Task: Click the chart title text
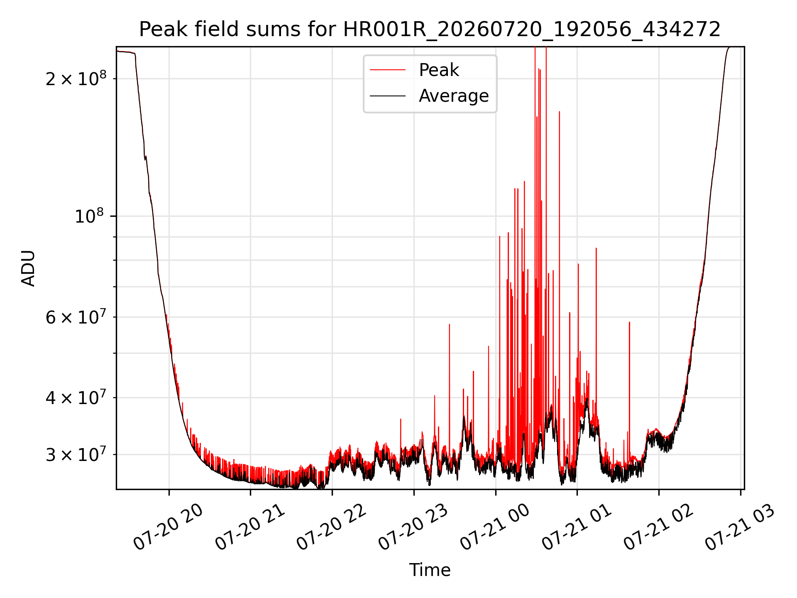pyautogui.click(x=430, y=29)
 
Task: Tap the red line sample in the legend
pyautogui.click(x=388, y=70)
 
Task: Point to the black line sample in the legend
pyautogui.click(x=388, y=96)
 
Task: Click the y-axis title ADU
pyautogui.click(x=28, y=268)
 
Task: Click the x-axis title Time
pyautogui.click(x=430, y=570)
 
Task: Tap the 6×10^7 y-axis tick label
pyautogui.click(x=76, y=316)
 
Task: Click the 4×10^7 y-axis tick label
pyautogui.click(x=76, y=397)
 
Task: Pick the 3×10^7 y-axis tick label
pyautogui.click(x=76, y=454)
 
